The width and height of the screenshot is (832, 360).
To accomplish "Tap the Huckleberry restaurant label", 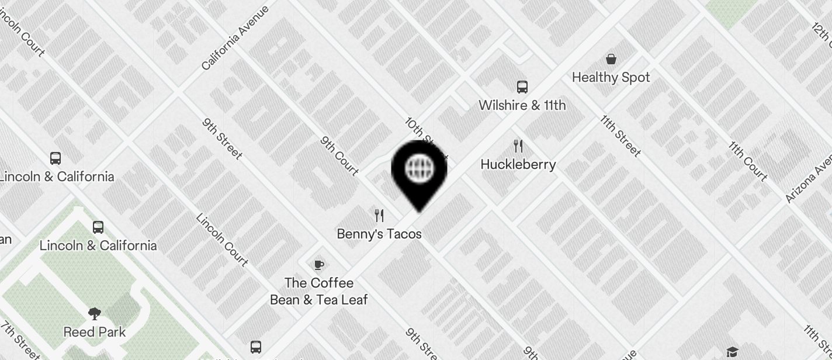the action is (518, 164).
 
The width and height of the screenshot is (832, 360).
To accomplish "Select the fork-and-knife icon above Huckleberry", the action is (518, 146).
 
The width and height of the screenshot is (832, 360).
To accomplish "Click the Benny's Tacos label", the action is (379, 234).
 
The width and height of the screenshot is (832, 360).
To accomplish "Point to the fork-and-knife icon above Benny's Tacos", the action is (379, 216).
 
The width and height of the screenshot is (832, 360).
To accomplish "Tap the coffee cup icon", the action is (318, 265).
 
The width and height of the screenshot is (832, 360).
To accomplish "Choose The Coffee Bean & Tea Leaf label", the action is (318, 291).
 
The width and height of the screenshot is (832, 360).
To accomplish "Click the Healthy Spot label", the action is (611, 77).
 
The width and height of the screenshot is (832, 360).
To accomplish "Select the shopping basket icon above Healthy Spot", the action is (611, 59).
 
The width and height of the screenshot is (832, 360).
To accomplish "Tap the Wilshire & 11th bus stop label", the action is (522, 105).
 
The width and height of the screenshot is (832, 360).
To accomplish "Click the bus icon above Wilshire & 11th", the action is (522, 87).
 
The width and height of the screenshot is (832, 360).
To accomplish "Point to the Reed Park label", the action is (95, 332).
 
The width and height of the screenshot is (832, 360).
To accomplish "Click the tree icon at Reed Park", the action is (95, 314).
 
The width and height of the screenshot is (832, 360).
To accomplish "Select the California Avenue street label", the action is (235, 38).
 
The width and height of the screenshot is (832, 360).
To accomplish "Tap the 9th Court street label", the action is (339, 156).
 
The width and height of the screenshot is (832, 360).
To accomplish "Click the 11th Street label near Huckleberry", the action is (620, 136).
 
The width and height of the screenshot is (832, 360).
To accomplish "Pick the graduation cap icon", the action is (732, 351).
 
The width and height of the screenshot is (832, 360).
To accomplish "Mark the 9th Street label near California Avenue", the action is (223, 139).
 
